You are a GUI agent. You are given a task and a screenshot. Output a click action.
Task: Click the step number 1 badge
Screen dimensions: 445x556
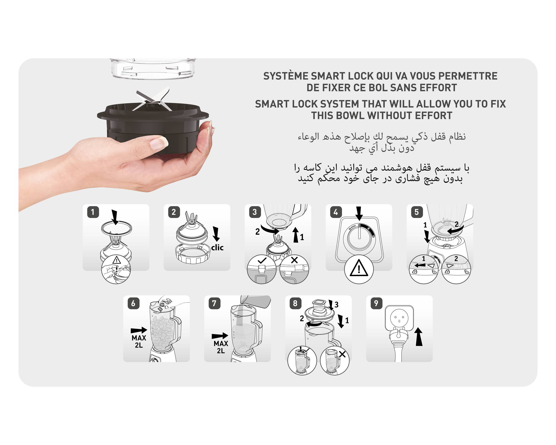93,212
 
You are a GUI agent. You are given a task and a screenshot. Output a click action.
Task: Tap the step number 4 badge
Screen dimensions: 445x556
336,212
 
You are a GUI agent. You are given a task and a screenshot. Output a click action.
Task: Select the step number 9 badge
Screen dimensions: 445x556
376,303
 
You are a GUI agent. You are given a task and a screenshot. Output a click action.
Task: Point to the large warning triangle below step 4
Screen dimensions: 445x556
359,268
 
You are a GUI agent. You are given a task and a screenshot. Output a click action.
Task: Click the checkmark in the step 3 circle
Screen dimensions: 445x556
262,261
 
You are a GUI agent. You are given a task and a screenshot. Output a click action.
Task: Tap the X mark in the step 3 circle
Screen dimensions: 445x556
294,260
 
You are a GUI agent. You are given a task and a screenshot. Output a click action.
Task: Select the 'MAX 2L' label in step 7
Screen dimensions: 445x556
221,347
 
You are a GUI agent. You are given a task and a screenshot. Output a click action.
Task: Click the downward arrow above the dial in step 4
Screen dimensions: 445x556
359,213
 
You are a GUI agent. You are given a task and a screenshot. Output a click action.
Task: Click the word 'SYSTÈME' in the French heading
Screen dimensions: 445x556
286,76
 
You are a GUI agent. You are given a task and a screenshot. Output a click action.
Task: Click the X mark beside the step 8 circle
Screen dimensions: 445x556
342,354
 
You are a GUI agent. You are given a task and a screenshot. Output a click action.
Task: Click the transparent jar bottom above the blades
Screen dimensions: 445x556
153,69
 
